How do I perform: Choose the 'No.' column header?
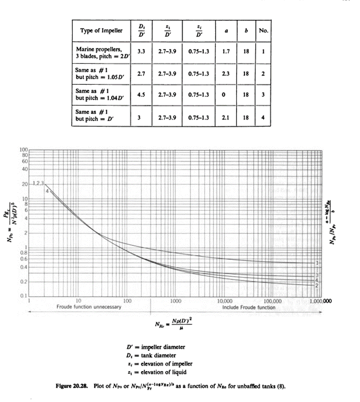point(264,30)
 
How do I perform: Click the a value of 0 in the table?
point(226,94)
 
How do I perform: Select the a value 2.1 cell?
point(226,116)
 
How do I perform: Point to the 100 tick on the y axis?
point(24,150)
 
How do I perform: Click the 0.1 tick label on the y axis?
point(24,296)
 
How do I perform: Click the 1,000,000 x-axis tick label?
point(319,301)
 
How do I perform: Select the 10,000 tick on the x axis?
point(225,301)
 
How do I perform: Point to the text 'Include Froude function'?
point(249,307)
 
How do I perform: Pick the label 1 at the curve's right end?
point(318,263)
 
